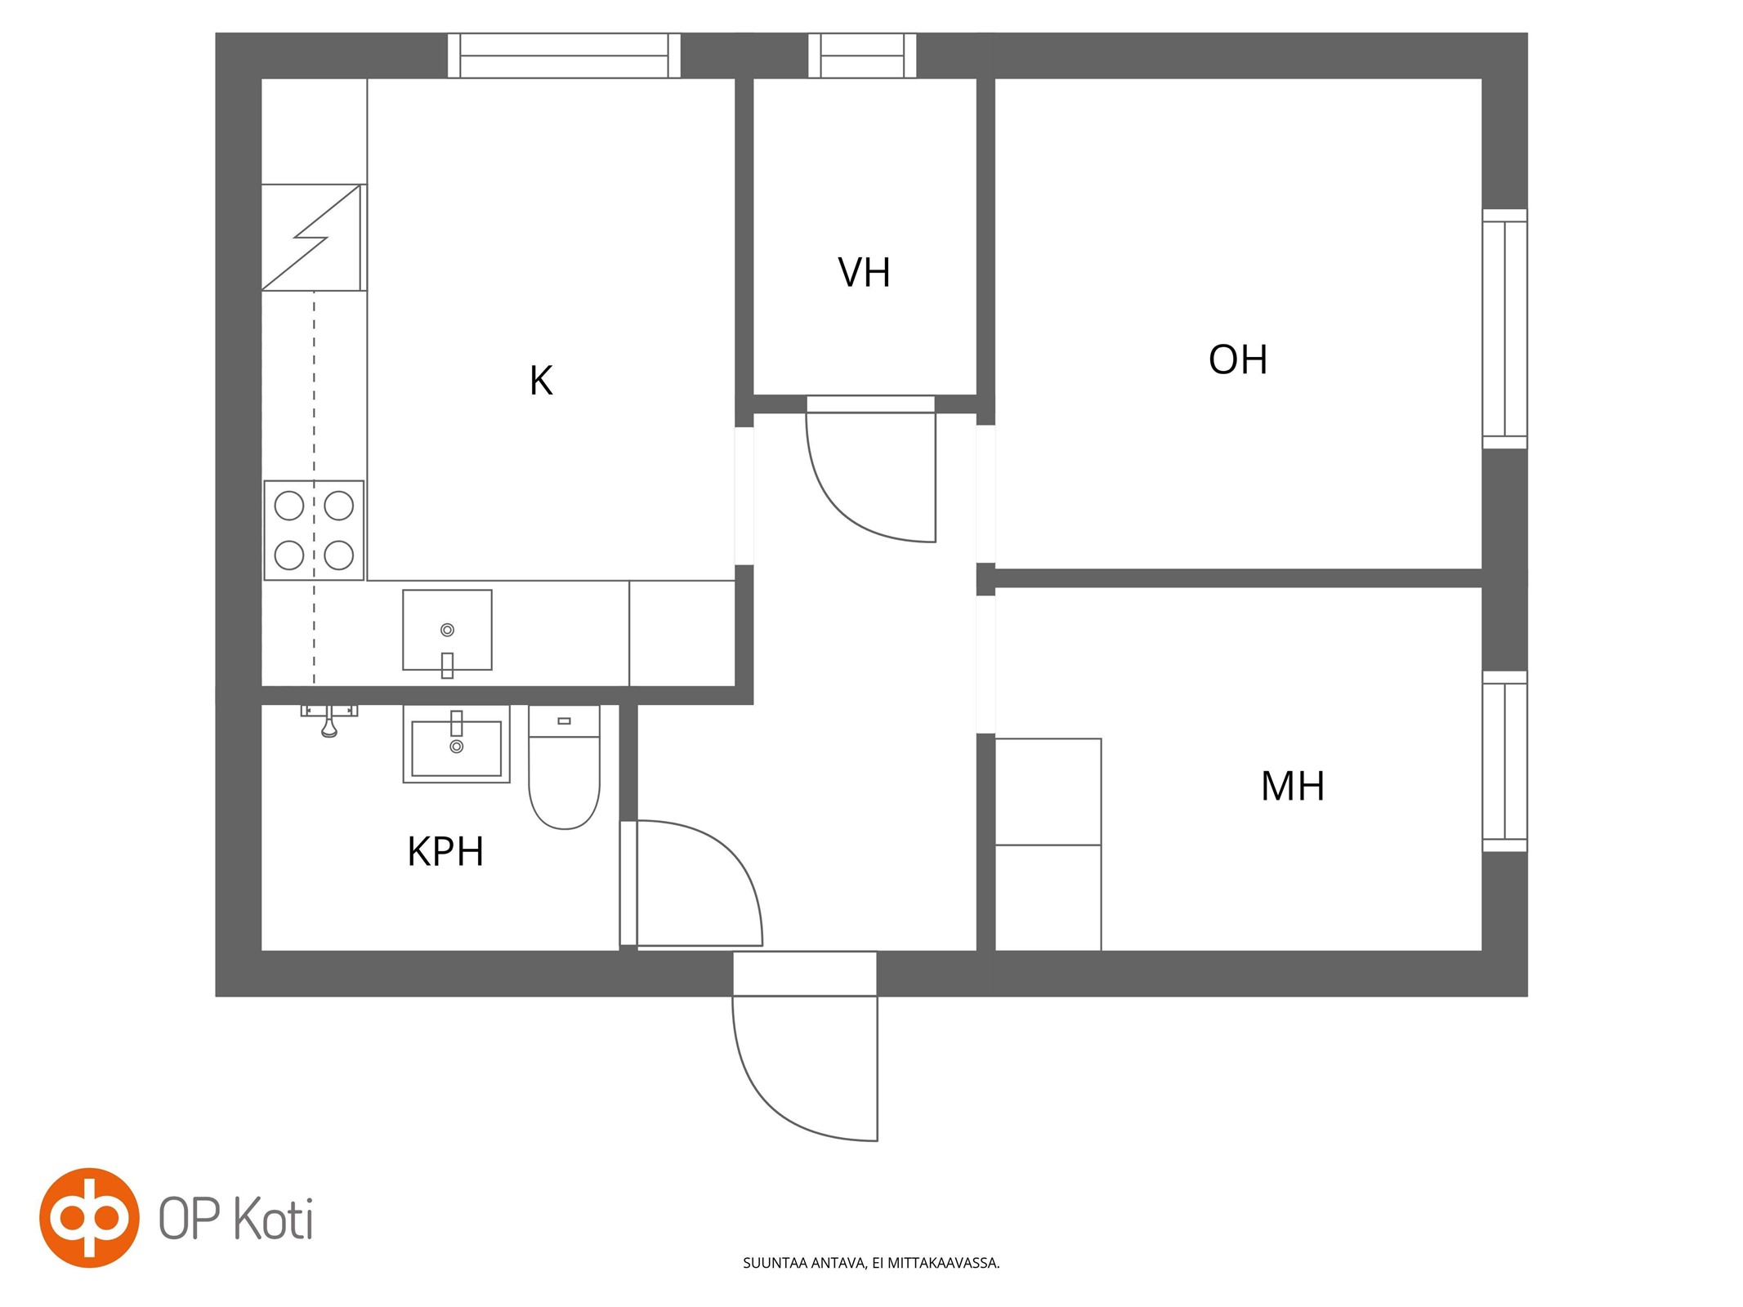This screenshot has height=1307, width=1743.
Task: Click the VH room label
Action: click(864, 273)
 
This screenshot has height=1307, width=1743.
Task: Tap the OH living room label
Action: click(1238, 359)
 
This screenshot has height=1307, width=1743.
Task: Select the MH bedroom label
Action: click(1292, 786)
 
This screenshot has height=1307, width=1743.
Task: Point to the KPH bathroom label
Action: click(445, 851)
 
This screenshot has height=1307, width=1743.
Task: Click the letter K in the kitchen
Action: click(541, 381)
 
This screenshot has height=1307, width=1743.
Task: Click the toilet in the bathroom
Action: click(564, 767)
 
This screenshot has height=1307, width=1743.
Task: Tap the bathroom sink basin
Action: click(456, 744)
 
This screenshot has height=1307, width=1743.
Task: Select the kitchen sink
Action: click(447, 631)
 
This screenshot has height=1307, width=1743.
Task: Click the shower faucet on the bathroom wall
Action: click(328, 719)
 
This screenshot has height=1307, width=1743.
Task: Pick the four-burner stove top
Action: click(314, 530)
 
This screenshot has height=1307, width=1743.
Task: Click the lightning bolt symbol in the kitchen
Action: click(311, 237)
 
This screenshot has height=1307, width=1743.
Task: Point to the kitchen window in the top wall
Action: click(564, 56)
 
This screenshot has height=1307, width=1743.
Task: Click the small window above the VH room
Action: click(862, 56)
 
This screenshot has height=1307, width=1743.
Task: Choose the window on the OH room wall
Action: click(1504, 328)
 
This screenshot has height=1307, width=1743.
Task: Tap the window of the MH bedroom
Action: click(1504, 761)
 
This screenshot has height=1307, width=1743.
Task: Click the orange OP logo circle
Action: click(90, 1217)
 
